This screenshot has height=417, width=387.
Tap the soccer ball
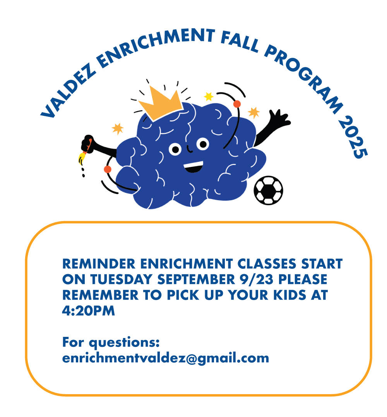coord(268,190)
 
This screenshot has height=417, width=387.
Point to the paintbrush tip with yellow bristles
coord(82,158)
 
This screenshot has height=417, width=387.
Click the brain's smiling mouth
coord(193,166)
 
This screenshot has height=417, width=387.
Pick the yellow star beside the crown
coord(209,96)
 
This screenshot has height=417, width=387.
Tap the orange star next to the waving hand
coord(254,113)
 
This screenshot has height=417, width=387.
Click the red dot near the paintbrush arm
coord(107,169)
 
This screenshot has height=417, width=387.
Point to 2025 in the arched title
coord(353,138)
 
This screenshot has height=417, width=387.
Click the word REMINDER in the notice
coord(99,264)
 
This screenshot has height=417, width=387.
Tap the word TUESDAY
coord(122,279)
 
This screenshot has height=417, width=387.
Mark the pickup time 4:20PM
coord(89,311)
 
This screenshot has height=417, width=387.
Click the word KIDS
coord(290,295)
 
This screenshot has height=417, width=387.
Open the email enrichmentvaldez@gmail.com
coord(166,358)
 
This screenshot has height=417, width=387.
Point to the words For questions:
coord(111,342)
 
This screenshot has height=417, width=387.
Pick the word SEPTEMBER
coord(196,279)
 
